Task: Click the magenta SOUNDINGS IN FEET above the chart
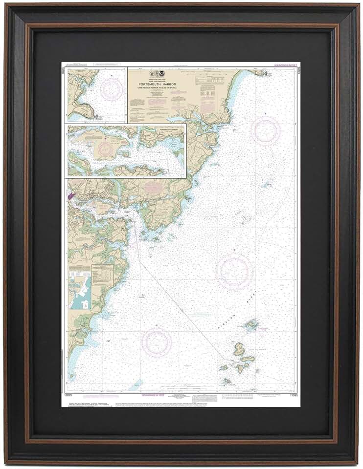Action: (x=284, y=64)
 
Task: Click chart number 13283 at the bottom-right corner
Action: (x=292, y=393)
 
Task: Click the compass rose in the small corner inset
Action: (x=112, y=89)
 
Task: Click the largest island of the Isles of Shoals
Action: (x=239, y=349)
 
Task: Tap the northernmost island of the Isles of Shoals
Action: (x=251, y=324)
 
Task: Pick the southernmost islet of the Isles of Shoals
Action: (x=227, y=380)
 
